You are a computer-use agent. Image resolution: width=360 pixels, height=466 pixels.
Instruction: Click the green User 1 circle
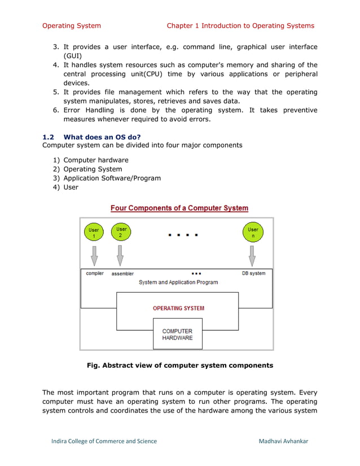(x=94, y=232)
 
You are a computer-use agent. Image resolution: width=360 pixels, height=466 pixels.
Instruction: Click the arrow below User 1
(x=94, y=254)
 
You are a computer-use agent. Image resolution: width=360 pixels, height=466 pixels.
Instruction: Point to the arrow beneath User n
(x=252, y=254)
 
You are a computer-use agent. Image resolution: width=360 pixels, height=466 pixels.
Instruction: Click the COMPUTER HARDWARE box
(x=177, y=334)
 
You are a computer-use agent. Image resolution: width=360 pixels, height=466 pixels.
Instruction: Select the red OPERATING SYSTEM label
(x=178, y=308)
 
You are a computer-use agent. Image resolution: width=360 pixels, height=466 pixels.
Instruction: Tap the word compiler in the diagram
(x=95, y=274)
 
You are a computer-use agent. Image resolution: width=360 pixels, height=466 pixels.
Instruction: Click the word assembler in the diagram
(x=122, y=274)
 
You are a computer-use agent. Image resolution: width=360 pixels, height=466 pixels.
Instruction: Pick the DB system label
(x=254, y=274)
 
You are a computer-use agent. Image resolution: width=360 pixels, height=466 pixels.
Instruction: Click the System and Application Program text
(x=178, y=282)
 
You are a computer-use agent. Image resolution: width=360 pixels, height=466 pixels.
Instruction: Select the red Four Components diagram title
(x=179, y=208)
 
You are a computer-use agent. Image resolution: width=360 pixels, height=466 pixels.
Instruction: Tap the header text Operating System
(x=72, y=25)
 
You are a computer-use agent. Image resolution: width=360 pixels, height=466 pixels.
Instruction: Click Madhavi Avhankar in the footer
(x=284, y=441)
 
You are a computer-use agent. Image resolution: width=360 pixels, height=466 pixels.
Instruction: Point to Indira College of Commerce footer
(x=104, y=441)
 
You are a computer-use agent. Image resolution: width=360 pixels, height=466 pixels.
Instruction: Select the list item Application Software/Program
(x=112, y=178)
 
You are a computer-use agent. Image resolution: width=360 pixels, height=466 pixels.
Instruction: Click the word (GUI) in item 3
(x=73, y=56)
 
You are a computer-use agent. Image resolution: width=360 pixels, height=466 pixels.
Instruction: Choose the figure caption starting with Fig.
(x=179, y=365)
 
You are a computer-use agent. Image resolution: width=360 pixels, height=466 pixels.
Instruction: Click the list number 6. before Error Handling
(x=56, y=110)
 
